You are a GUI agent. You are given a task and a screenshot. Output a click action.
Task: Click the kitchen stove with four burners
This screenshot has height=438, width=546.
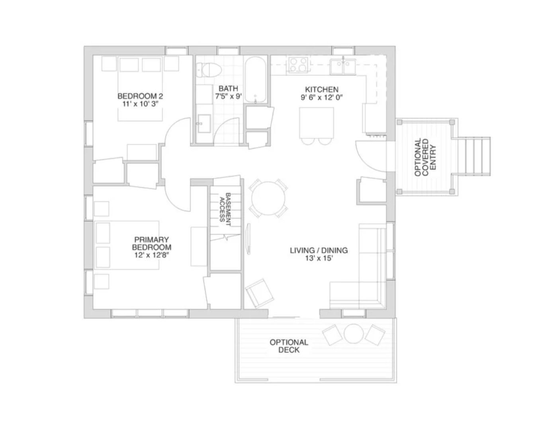(x=298, y=64)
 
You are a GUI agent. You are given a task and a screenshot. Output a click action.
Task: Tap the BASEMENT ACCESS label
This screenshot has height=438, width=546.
(x=225, y=209)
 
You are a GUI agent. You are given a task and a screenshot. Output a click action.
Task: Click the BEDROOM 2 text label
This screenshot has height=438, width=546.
(x=140, y=96)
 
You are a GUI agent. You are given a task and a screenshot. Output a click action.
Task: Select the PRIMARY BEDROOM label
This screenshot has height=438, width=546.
(x=151, y=243)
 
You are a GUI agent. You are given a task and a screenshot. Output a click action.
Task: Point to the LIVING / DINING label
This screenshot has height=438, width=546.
(x=319, y=250)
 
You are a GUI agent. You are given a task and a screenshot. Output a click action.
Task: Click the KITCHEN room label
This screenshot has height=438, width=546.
(x=321, y=90)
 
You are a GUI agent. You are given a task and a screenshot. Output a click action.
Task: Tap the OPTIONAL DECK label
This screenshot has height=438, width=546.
(x=289, y=346)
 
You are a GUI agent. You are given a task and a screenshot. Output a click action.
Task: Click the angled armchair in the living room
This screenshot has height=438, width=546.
(x=259, y=293)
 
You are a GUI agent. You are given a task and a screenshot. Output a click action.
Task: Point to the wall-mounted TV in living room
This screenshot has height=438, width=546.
(x=248, y=239)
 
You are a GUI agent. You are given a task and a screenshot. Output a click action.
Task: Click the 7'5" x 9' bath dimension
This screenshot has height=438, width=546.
(x=229, y=96)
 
